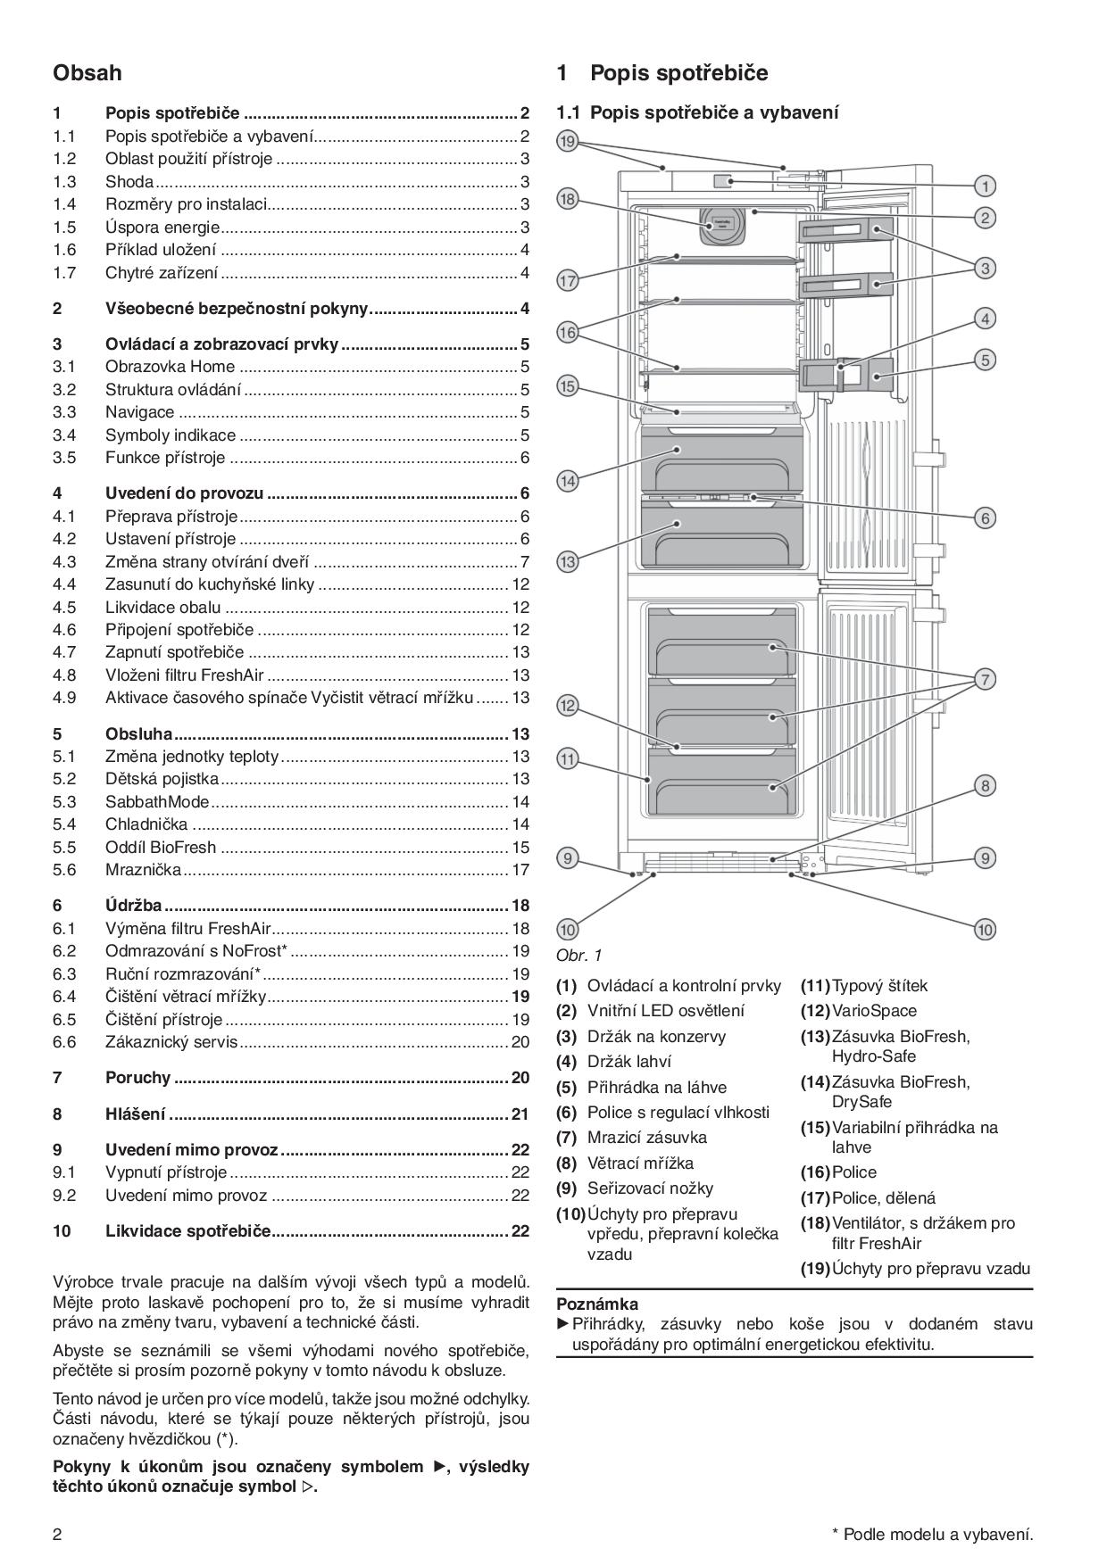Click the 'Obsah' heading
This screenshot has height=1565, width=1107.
pyautogui.click(x=87, y=72)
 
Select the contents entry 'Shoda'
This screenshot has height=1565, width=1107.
pyautogui.click(x=129, y=182)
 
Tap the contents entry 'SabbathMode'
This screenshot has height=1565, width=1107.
pyautogui.click(x=157, y=801)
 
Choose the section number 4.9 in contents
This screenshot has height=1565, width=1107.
pyautogui.click(x=64, y=697)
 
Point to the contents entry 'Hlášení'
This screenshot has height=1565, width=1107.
pyautogui.click(x=136, y=1114)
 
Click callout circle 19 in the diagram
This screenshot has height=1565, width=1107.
pyautogui.click(x=568, y=141)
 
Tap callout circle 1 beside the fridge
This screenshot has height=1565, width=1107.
pyautogui.click(x=984, y=186)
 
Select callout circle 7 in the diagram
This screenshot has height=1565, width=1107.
pyautogui.click(x=984, y=680)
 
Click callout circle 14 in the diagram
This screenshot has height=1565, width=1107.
pyautogui.click(x=568, y=481)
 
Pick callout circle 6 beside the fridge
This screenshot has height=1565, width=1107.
pyautogui.click(x=984, y=518)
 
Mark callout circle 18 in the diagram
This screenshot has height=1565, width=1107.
pyautogui.click(x=568, y=199)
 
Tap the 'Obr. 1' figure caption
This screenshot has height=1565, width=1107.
pyautogui.click(x=579, y=956)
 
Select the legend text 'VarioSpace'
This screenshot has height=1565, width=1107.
pyautogui.click(x=874, y=1011)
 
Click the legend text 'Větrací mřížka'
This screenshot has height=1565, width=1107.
pyautogui.click(x=640, y=1163)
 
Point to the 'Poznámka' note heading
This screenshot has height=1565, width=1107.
pyautogui.click(x=597, y=1304)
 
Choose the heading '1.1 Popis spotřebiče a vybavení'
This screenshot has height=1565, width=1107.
pyautogui.click(x=697, y=112)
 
